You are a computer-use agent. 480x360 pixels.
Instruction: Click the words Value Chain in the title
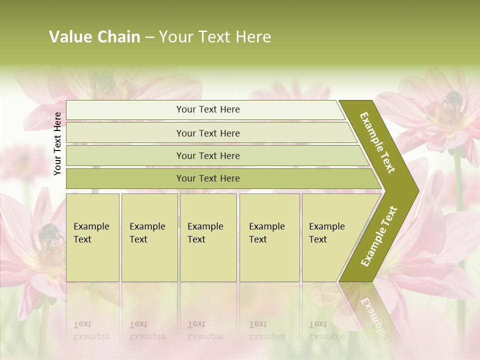click(94, 37)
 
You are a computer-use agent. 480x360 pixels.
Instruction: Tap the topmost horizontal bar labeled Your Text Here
click(207, 109)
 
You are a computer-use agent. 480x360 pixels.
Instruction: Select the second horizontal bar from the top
click(207, 133)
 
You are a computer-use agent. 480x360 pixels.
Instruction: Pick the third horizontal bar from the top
click(207, 155)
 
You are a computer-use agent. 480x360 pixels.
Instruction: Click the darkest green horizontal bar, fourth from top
click(207, 178)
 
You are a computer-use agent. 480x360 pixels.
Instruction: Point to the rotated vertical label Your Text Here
click(58, 143)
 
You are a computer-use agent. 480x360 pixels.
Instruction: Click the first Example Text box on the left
click(92, 237)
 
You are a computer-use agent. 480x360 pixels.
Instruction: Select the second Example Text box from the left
click(149, 237)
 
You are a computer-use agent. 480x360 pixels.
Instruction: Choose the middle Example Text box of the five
click(208, 237)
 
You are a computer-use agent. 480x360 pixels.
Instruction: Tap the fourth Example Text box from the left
click(269, 237)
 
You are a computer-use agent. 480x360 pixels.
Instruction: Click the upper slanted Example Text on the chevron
click(377, 142)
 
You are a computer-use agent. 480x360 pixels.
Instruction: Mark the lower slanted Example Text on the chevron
click(379, 236)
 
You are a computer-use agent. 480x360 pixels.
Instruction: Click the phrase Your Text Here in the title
click(215, 37)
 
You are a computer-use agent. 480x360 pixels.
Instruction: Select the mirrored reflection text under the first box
click(91, 330)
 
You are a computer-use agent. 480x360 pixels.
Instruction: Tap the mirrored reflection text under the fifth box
click(327, 330)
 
